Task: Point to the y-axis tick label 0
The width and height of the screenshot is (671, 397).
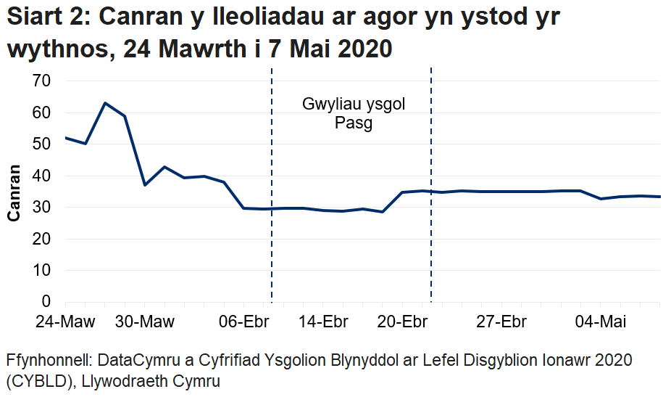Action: coord(46,301)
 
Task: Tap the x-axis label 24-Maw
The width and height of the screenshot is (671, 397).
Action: coord(66,322)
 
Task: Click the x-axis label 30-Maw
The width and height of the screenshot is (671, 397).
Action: coord(145,322)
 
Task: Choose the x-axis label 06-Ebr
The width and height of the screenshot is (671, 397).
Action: coord(245,322)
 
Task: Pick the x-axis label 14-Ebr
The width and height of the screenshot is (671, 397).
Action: coord(324,322)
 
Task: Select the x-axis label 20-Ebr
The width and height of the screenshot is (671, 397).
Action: coord(403,322)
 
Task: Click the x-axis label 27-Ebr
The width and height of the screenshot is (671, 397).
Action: coord(502,322)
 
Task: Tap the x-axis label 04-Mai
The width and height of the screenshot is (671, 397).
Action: coord(601,322)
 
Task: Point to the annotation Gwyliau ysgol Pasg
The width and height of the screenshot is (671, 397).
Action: coord(354,113)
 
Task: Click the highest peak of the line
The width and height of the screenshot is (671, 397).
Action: coord(105,103)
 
